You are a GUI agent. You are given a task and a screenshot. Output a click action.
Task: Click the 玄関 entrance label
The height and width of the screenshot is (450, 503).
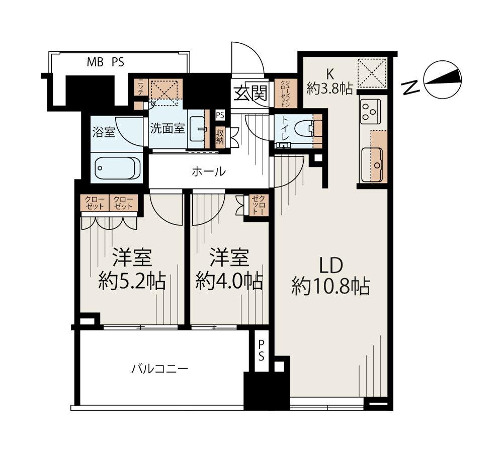(250, 94)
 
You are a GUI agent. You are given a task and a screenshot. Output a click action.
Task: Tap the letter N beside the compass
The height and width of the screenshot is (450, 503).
(412, 88)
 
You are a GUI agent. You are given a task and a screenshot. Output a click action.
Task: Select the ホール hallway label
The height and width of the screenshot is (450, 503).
(208, 171)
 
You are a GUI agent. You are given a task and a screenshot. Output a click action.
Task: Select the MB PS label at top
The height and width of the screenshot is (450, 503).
(106, 62)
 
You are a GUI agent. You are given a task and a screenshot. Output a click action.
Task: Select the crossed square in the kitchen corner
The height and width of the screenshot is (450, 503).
(371, 73)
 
